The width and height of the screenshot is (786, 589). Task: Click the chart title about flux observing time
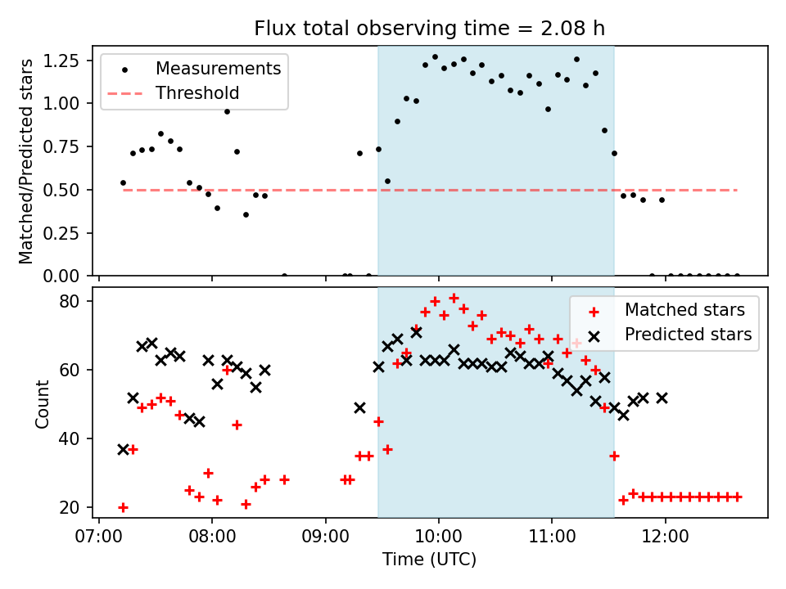pyautogui.click(x=430, y=29)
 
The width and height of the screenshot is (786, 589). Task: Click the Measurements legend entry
pyautogui.click(x=218, y=68)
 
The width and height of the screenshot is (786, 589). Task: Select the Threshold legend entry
pyautogui.click(x=197, y=93)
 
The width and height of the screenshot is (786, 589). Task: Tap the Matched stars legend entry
pyautogui.click(x=684, y=310)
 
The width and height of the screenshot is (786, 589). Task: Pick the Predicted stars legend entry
pyautogui.click(x=688, y=334)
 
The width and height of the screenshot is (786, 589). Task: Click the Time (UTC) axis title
pyautogui.click(x=429, y=560)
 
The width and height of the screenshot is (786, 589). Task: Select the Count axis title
pyautogui.click(x=42, y=403)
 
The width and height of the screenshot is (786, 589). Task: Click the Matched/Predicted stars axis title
pyautogui.click(x=26, y=161)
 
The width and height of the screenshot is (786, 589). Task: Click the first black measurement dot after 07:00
pyautogui.click(x=123, y=182)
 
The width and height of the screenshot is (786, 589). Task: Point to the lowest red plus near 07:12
pyautogui.click(x=123, y=507)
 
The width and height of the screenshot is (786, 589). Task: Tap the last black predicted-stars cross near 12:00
pyautogui.click(x=662, y=398)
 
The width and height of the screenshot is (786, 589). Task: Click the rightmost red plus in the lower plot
pyautogui.click(x=738, y=497)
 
